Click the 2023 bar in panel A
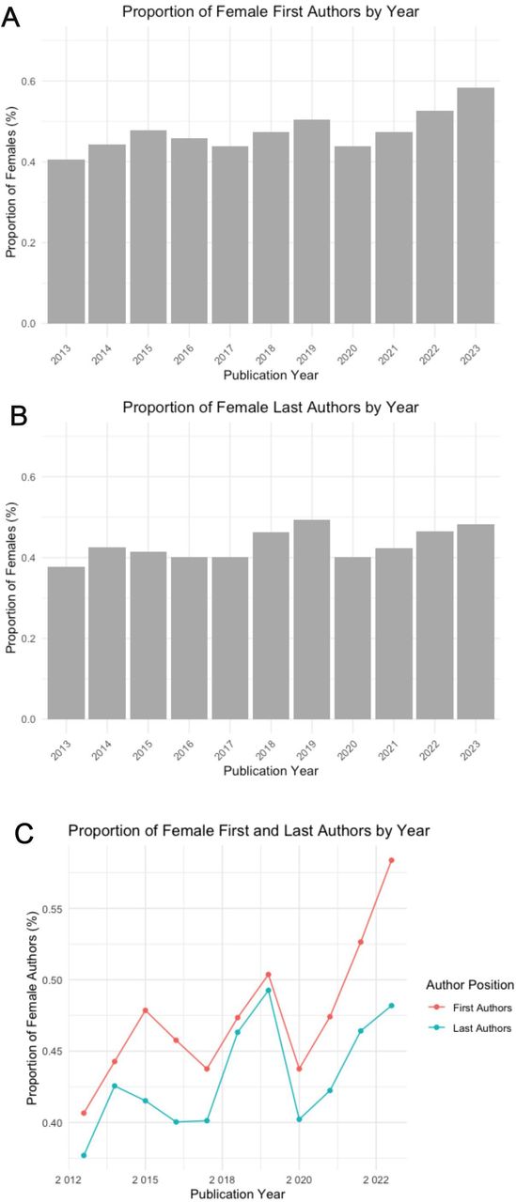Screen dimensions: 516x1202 (476, 206)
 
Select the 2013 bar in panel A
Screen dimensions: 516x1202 (66, 241)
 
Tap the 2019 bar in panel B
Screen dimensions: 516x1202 (311, 619)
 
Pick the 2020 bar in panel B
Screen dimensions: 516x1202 (352, 638)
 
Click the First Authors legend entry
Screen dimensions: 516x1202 (470, 1008)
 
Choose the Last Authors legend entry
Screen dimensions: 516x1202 (470, 1028)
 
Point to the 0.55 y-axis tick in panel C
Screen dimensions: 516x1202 (53, 909)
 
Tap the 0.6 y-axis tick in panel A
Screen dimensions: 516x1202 (28, 81)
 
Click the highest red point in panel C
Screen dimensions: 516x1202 (391, 860)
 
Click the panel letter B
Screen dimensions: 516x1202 (19, 416)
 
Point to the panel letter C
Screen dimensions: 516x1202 (24, 834)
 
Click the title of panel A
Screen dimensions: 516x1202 (271, 12)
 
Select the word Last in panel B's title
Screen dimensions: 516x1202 (286, 408)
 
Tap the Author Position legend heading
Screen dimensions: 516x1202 (470, 985)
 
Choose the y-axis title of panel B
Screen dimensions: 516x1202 (10, 578)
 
